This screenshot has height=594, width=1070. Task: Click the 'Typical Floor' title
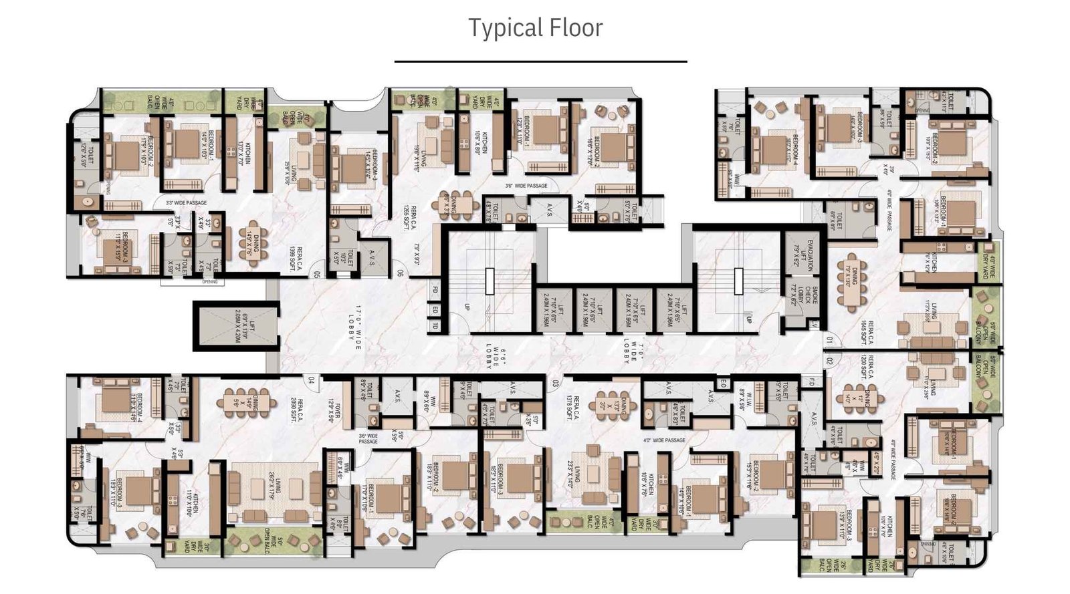(535, 28)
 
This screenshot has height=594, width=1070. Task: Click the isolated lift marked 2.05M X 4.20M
(235, 326)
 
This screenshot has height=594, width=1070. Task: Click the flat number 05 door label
(316, 273)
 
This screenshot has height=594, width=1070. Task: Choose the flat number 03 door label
(554, 383)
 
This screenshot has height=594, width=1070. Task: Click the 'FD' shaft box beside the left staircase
(434, 291)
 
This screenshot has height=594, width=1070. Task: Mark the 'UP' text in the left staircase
(467, 307)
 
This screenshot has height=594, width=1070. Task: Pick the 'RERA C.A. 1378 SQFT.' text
(572, 407)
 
